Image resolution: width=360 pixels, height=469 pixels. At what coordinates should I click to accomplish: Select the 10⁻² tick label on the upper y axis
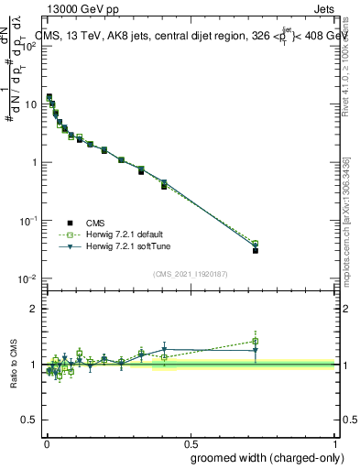(x=28, y=278)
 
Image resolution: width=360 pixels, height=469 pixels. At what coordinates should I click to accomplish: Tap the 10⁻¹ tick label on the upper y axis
(x=28, y=221)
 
